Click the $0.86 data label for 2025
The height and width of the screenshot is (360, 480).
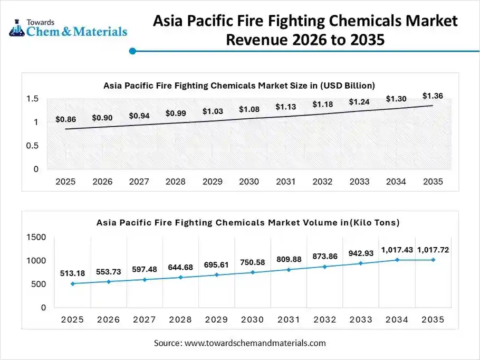65,120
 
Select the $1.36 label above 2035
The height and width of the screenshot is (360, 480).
433,96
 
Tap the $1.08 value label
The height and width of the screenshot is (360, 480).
249,109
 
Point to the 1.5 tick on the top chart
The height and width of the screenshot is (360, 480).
32,99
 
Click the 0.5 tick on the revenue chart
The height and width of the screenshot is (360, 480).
32,146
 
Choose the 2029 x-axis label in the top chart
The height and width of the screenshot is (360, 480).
213,182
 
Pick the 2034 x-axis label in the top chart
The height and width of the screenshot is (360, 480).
396,182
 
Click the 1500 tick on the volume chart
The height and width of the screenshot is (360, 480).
36,238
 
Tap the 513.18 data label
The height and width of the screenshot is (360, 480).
72,273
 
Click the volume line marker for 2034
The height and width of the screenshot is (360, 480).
397,260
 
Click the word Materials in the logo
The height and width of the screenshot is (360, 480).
99,32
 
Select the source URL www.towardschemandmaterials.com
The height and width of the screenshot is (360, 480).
255,343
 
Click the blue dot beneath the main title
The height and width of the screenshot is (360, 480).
133,51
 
